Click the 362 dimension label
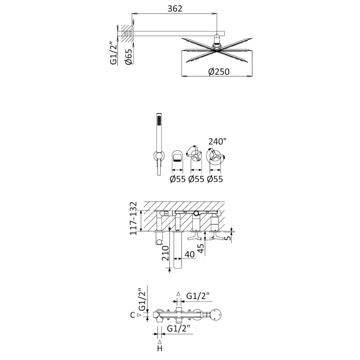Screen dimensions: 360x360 click(175, 9)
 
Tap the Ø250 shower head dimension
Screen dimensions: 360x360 click(219, 72)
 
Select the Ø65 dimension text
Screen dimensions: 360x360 click(129, 57)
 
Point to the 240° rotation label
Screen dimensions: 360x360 click(217, 141)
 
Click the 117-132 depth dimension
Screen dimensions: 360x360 click(133, 218)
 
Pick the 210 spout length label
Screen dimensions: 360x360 click(165, 253)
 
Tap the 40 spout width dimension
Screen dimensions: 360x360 click(189, 254)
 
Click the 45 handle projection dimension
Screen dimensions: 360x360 click(200, 248)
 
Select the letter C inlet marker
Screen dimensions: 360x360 click(132, 315)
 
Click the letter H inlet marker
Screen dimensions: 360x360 click(160, 348)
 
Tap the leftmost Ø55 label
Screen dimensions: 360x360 click(177, 179)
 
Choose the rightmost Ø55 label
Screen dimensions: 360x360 click(215, 179)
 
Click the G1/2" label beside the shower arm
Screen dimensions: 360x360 click(115, 53)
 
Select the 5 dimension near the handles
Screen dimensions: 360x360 click(228, 238)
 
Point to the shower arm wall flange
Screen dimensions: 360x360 click(133, 34)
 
